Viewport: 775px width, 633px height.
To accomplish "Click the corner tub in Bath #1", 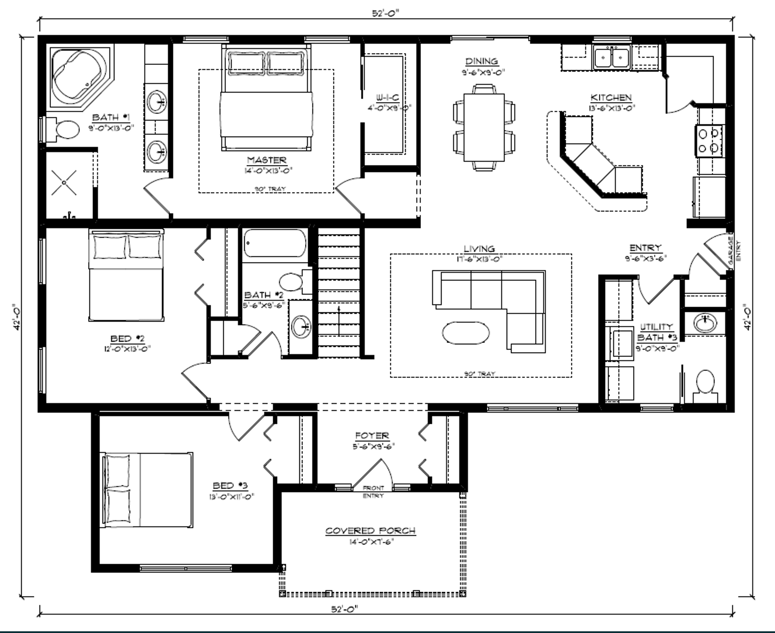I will [77, 75].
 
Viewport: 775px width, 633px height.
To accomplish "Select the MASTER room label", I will [266, 160].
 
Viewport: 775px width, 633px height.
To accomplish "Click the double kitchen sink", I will [612, 57].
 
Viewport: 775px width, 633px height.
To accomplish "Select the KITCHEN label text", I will [610, 98].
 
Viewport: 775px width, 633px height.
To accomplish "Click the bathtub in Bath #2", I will [275, 244].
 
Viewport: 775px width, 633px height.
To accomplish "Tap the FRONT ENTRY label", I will [373, 492].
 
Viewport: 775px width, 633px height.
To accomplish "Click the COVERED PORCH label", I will [370, 531].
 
